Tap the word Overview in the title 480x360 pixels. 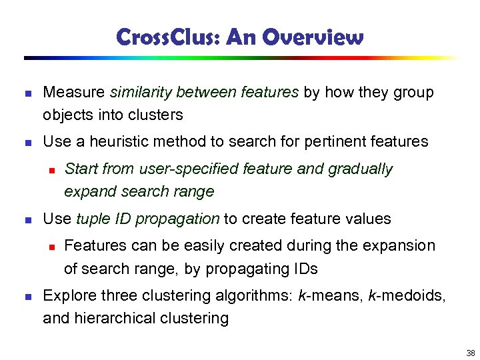click(314, 37)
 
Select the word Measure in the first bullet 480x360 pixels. click(74, 93)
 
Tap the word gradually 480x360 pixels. click(360, 169)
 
